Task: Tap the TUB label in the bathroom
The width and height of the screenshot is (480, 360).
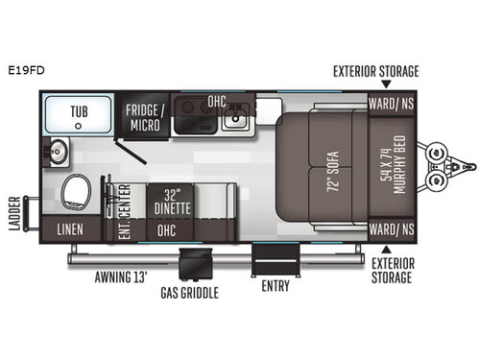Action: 79,112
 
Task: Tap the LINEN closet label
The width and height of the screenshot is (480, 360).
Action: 70,230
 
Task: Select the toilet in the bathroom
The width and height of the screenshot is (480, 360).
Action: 74,191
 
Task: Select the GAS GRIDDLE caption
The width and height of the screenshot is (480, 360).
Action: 190,292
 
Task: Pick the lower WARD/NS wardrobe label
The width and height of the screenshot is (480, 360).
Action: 392,230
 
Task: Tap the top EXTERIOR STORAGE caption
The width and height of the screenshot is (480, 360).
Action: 375,71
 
